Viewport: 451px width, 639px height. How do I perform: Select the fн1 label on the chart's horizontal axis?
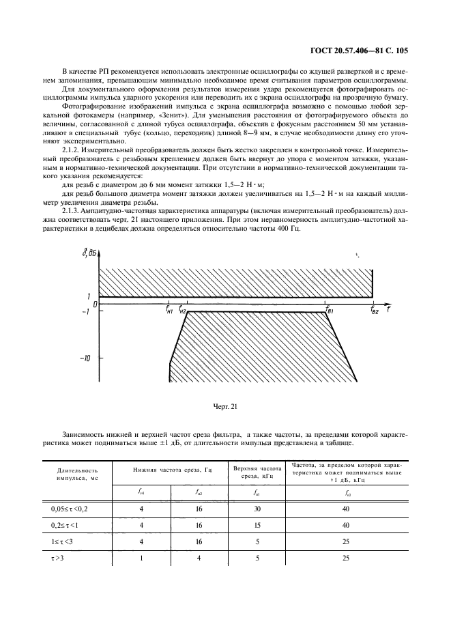(169, 309)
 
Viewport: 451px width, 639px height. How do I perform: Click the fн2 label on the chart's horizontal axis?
(183, 309)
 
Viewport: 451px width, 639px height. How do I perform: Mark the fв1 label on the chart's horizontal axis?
(329, 311)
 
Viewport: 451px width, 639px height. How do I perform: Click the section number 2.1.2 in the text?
(73, 148)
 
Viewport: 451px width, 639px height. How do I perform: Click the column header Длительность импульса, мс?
(77, 474)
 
